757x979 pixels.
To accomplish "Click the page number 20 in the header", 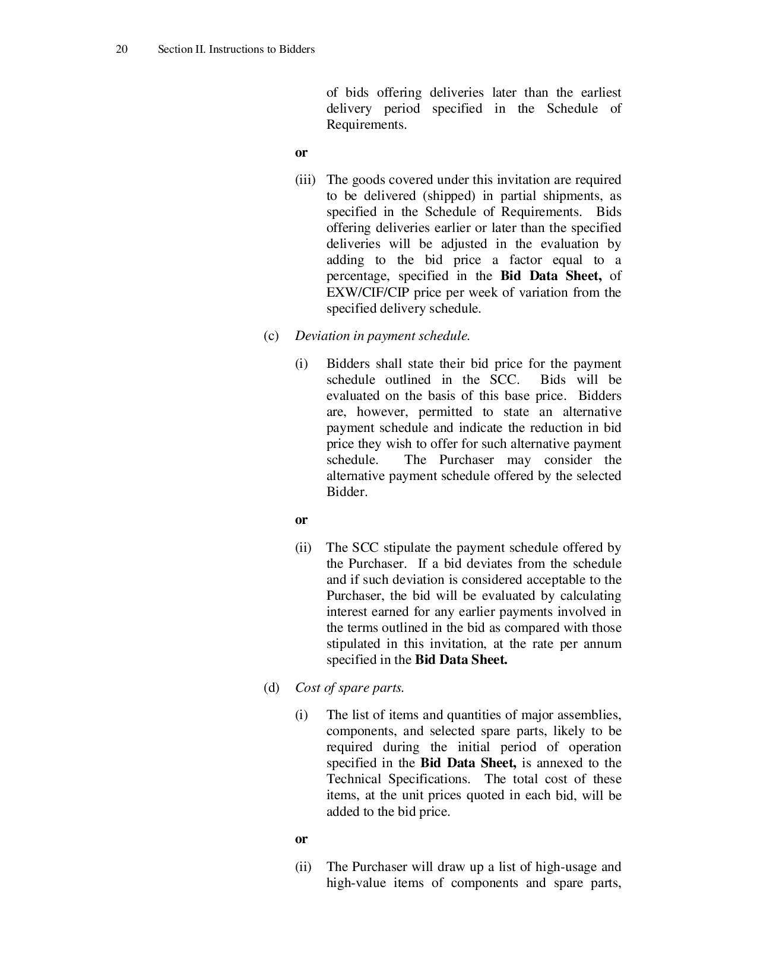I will [121, 49].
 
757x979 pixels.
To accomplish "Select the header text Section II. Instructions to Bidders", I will [236, 49].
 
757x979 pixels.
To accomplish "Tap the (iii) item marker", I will [305, 180].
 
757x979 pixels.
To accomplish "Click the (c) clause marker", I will [271, 336].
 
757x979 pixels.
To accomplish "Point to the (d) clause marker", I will [271, 688].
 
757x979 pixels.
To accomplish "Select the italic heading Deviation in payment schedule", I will [382, 336].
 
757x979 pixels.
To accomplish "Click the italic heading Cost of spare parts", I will [350, 688].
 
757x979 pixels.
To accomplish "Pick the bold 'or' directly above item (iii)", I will [302, 152].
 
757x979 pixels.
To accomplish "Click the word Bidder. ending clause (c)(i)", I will [347, 492].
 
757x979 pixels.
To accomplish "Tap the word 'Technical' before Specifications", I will [354, 779].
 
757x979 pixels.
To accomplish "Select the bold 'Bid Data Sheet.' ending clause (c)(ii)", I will [461, 660].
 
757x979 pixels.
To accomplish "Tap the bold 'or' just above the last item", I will [302, 839].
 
